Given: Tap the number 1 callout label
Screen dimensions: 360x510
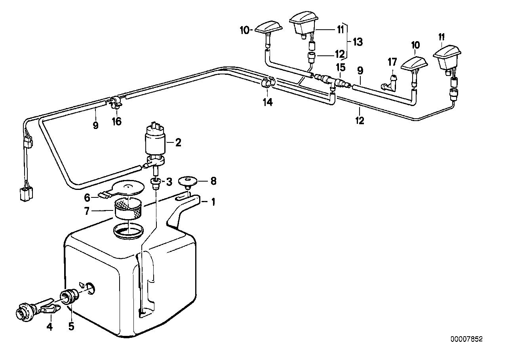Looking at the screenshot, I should pos(213,203).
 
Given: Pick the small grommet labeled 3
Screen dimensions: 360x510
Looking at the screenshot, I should pos(155,182).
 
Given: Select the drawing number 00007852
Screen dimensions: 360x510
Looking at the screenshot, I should pos(466,339).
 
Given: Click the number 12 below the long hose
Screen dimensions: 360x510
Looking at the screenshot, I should pos(359,121).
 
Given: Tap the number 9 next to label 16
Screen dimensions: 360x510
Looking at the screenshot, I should pos(95,125).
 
